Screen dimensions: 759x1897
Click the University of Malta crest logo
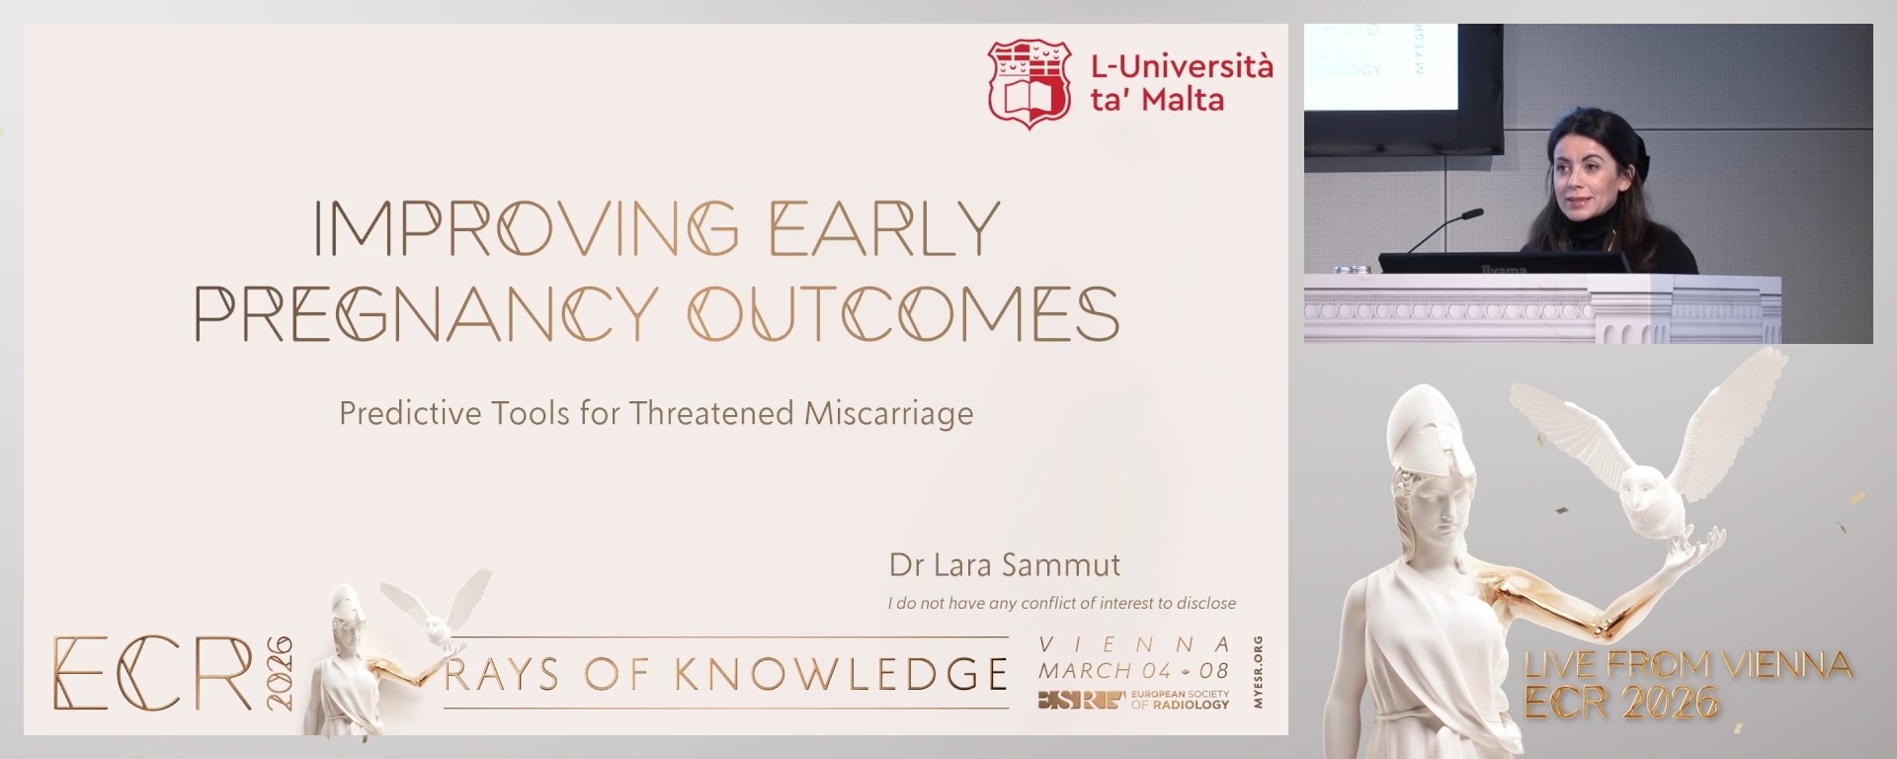tap(1030, 84)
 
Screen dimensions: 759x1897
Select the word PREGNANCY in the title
tap(426, 313)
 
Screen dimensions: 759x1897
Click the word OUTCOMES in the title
tap(903, 313)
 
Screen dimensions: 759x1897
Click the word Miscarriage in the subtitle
tap(888, 413)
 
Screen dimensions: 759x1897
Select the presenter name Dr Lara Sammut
tap(1004, 565)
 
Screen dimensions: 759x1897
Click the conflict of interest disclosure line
tap(1061, 603)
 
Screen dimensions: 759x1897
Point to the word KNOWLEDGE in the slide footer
tap(841, 674)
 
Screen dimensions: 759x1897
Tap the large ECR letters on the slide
tap(153, 674)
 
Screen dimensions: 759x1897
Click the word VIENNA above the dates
tap(1134, 644)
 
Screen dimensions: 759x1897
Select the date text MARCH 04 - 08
tap(1133, 670)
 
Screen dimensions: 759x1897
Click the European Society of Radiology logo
tap(1133, 700)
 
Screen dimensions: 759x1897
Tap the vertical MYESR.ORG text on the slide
tap(1257, 672)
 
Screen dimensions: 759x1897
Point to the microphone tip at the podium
tap(1475, 212)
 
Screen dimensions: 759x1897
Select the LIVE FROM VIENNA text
tap(1688, 664)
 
